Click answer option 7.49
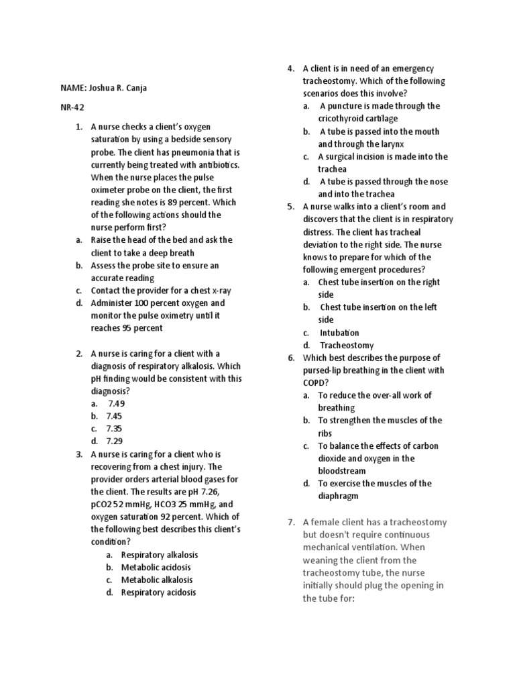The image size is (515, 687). point(116,403)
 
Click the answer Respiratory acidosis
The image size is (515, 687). point(159,592)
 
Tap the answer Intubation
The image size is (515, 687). point(339,333)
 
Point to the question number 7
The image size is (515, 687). point(290,523)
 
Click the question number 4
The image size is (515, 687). point(291,68)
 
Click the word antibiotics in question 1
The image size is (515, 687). point(219,164)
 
